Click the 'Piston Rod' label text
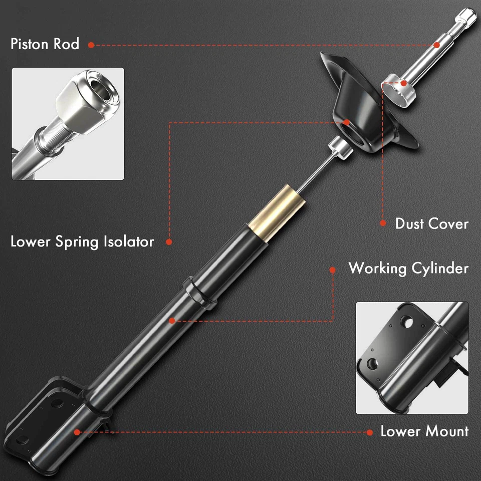coord(45,44)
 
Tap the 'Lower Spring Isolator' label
coord(82,242)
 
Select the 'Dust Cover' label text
coord(431,223)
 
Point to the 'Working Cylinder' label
coord(408,268)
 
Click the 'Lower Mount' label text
coord(424,431)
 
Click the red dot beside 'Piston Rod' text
coord(91,45)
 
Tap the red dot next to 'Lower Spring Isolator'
coord(169,242)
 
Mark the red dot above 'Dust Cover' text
coord(383,223)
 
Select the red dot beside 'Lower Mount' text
coord(370,431)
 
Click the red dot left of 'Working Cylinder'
coord(332,270)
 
